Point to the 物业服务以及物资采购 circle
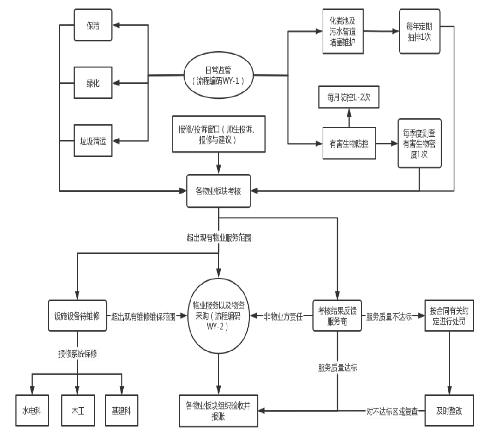[219, 316]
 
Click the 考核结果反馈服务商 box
[337, 316]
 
